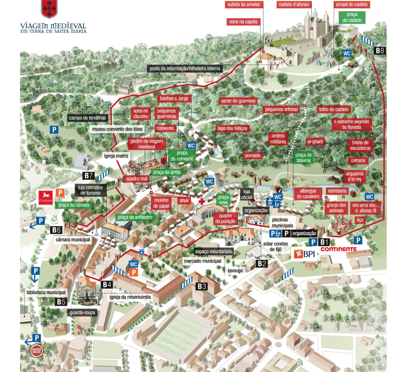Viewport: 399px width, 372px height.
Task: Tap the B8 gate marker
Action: tap(380, 50)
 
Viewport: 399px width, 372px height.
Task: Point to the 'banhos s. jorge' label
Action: tap(173, 98)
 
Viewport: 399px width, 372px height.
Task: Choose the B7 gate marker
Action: tap(89, 175)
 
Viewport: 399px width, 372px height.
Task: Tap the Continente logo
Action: tap(339, 249)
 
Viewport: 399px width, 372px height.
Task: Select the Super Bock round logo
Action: tap(37, 350)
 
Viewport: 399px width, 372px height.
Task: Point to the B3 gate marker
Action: tap(201, 286)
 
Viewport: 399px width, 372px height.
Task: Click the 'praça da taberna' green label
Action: tap(303, 157)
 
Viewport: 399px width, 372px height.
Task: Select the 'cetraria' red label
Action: tap(358, 161)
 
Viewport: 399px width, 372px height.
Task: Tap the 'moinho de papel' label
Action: tap(161, 203)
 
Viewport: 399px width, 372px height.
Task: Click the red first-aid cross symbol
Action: tap(201, 201)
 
